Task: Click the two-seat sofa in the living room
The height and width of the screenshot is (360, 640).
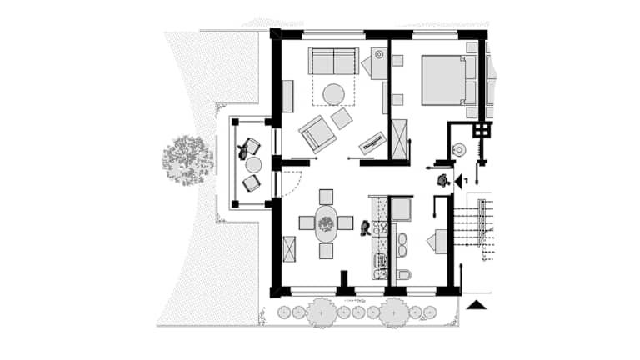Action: pos(334,61)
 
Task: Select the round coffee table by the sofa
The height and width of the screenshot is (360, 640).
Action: pos(334,94)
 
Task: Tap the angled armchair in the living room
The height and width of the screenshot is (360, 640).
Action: pos(317,132)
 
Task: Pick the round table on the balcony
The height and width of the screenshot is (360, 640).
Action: pos(253,165)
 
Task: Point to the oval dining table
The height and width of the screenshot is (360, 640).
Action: pos(326,223)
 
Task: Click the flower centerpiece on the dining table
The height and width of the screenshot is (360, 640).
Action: pos(326,223)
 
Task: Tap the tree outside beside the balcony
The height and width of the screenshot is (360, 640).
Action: pos(187,160)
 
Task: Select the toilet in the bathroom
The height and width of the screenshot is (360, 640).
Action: pos(404,274)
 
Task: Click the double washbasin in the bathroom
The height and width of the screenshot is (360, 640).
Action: pos(402,244)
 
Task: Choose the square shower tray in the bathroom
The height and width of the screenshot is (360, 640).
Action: pos(401,209)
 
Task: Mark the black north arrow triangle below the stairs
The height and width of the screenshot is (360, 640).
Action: pos(477,305)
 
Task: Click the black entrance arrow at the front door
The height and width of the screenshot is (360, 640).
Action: pos(460,181)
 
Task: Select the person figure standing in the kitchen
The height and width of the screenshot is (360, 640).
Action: pos(365,228)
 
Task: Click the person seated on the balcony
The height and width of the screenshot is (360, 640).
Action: pos(243,150)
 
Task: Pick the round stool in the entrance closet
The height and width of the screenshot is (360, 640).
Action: pos(460,150)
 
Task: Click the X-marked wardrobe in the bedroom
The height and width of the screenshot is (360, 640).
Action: pos(400,139)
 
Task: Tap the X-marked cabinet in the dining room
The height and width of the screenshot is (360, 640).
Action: pos(289,248)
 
